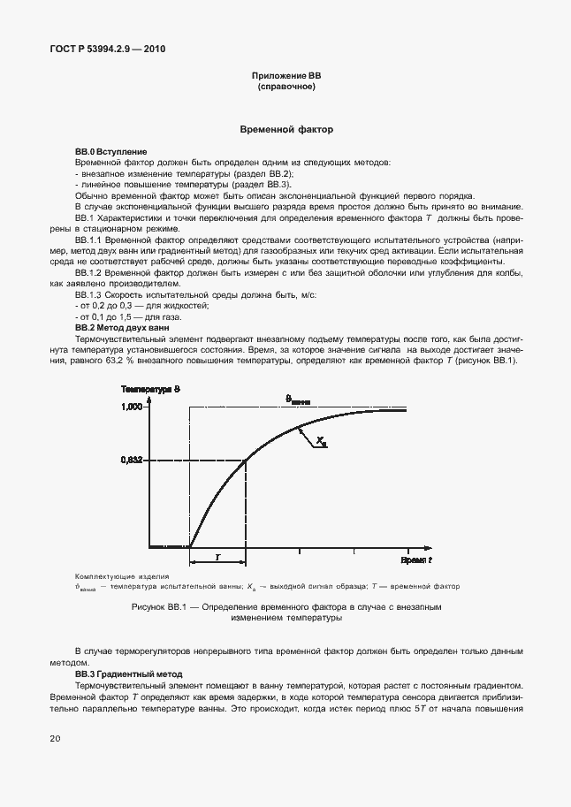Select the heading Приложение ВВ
point(286,77)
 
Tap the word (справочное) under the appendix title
point(286,88)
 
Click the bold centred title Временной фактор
point(286,129)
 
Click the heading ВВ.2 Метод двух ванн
point(122,327)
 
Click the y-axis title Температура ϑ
point(151,390)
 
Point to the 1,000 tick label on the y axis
point(132,407)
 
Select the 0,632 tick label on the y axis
point(132,460)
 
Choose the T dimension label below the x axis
point(217,559)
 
